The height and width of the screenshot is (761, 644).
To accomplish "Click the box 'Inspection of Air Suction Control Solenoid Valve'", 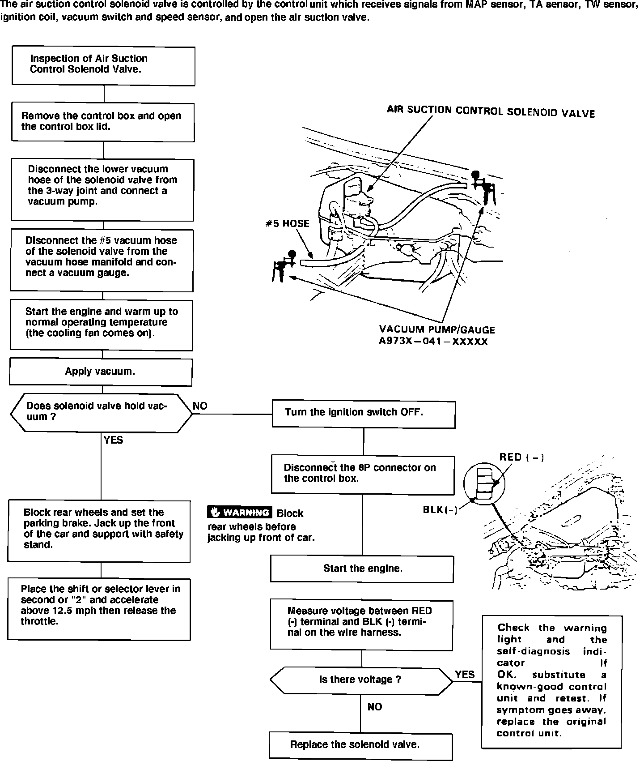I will tap(103, 66).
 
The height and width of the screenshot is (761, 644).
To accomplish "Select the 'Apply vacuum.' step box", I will tap(101, 372).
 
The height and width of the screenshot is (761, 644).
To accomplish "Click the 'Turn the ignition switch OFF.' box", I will tap(364, 415).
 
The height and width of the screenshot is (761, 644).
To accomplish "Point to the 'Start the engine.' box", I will tap(362, 569).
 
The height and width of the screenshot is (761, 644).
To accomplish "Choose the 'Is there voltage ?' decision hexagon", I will tap(361, 680).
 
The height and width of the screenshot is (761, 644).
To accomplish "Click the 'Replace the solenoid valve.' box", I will tap(360, 745).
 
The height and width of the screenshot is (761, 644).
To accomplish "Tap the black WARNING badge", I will tap(240, 512).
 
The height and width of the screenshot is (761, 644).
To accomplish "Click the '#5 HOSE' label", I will tap(287, 223).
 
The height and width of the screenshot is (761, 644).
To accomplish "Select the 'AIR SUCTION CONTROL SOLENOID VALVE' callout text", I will tap(491, 111).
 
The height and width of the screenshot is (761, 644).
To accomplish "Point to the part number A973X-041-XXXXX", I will tap(433, 342).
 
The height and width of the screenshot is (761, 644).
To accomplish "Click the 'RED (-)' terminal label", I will tap(521, 457).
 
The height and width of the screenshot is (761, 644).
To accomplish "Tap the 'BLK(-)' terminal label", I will tap(440, 510).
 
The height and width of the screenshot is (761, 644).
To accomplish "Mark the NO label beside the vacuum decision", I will tap(200, 406).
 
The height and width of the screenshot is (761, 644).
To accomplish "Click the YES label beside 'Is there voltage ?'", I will tap(465, 675).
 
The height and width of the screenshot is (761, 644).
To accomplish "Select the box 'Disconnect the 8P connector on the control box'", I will tap(363, 475).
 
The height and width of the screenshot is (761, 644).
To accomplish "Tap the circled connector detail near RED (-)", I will tap(485, 483).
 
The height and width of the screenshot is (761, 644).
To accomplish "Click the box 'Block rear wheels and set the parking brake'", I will tap(99, 531).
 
